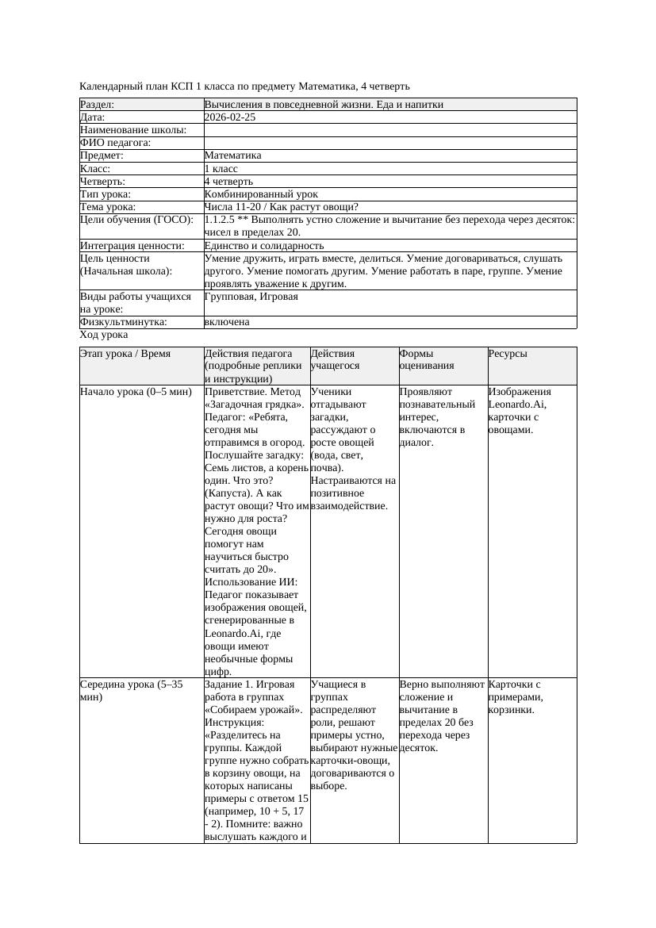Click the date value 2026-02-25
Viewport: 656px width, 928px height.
[x=230, y=117]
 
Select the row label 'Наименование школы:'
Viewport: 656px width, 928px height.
[x=133, y=130]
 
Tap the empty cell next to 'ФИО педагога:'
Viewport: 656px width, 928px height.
[x=389, y=143]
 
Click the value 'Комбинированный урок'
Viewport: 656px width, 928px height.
[x=261, y=194]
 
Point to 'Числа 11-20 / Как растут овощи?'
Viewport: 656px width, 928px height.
[x=282, y=207]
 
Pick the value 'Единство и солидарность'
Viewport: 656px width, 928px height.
[x=264, y=246]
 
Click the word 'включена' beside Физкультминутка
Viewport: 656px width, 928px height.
[x=227, y=322]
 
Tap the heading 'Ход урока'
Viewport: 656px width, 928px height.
[x=104, y=335]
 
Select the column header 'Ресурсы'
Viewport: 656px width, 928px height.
[x=508, y=354]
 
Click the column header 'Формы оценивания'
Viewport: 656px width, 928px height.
[x=427, y=359]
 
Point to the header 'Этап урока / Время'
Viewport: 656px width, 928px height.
[x=125, y=354]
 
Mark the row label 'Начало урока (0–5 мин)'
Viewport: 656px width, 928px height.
[x=136, y=392]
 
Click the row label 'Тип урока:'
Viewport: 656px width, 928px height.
[x=105, y=194]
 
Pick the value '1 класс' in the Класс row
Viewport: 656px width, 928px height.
[x=221, y=169]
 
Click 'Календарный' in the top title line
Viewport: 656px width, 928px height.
[x=109, y=86]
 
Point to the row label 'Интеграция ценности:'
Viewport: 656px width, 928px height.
[x=132, y=246]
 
